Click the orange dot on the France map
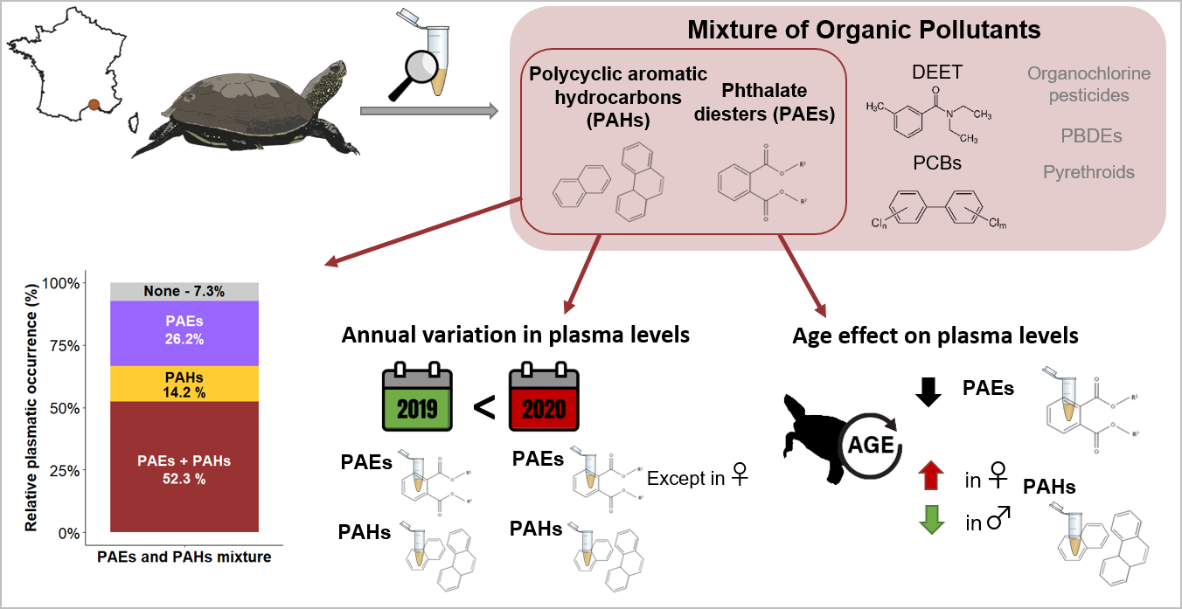94,105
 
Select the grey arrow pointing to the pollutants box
429,111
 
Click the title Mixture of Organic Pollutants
864,30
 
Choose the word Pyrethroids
1088,172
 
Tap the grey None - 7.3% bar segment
184,292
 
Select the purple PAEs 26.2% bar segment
184,332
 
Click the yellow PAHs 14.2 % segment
184,384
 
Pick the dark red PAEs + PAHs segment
184,467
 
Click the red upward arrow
932,477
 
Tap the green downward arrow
932,521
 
